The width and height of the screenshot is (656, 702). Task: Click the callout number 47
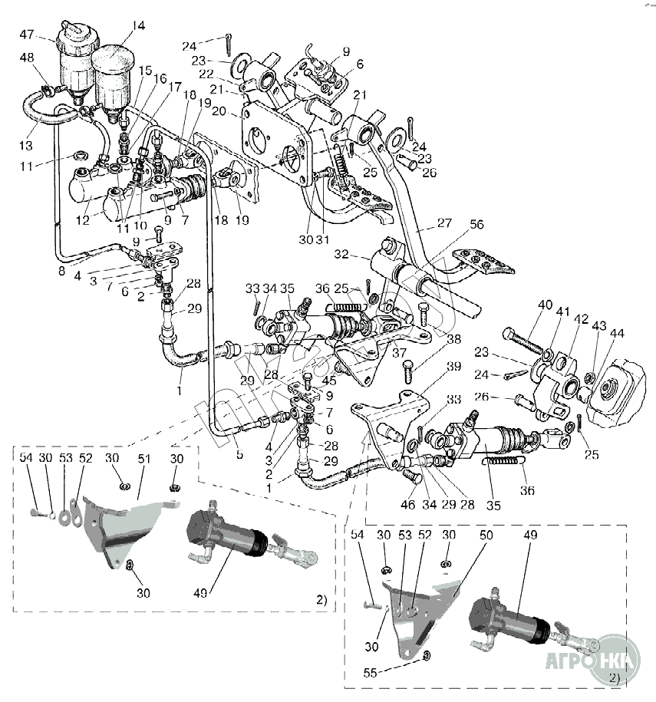[27, 35]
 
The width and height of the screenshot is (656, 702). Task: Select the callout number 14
[137, 25]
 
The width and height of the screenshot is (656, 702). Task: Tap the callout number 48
[27, 58]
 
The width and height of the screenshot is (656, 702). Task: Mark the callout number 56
[477, 225]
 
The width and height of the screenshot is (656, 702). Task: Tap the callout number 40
[545, 305]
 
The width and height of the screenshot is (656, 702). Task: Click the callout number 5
[239, 455]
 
